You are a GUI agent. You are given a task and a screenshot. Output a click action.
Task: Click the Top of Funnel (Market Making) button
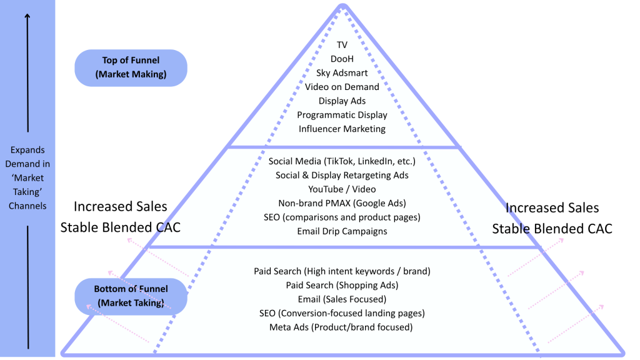(131, 67)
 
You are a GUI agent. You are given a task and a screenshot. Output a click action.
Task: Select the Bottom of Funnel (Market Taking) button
(131, 296)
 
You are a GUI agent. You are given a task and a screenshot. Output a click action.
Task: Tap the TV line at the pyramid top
(342, 45)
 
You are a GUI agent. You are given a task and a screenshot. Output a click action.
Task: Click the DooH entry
(342, 59)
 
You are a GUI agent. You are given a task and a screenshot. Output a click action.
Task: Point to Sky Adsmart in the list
(342, 73)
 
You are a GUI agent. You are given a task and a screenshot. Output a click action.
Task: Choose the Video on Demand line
(342, 87)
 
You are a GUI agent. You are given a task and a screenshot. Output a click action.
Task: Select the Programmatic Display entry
(342, 115)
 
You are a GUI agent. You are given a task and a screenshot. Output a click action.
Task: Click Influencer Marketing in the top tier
(342, 129)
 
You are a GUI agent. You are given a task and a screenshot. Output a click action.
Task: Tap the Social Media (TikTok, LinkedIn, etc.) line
(342, 161)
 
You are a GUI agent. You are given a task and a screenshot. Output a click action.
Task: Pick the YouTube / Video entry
(342, 189)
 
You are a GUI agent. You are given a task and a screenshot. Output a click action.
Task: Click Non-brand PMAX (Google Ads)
(342, 203)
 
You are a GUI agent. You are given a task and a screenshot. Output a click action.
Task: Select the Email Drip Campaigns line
(342, 231)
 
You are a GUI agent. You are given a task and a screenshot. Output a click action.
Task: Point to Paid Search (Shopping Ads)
(342, 285)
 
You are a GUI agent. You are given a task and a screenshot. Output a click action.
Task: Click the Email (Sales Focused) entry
(342, 299)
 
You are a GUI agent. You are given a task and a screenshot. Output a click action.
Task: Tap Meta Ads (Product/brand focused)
(342, 327)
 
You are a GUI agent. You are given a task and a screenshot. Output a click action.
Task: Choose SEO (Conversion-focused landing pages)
(342, 313)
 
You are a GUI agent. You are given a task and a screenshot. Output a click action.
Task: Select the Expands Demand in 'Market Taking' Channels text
(28, 178)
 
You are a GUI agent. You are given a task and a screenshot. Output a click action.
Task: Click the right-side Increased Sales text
(552, 208)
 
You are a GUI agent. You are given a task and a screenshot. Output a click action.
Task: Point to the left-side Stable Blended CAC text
(120, 227)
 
